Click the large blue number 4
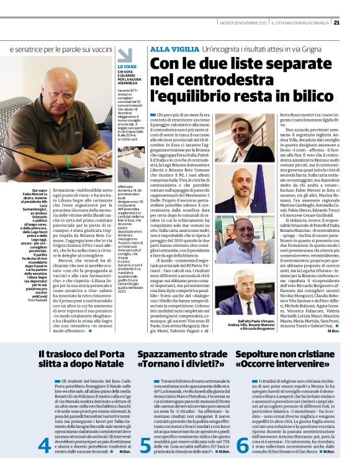(x=44, y=446)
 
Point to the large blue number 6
(x=243, y=446)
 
